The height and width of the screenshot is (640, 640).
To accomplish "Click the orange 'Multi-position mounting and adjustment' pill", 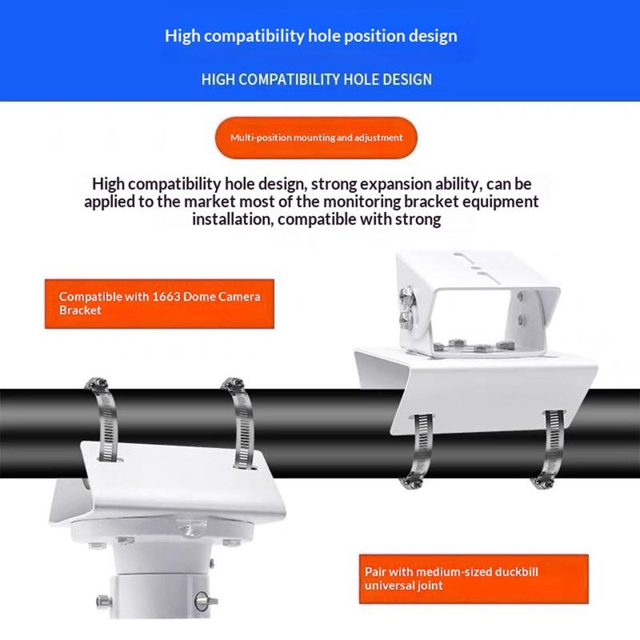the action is [316, 138].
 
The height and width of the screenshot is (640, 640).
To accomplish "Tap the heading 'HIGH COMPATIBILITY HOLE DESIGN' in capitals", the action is [317, 79].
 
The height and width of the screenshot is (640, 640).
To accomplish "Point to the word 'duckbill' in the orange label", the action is [516, 571].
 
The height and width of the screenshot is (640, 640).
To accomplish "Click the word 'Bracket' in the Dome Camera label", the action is [80, 310].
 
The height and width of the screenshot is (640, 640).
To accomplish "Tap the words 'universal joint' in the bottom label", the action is [404, 586].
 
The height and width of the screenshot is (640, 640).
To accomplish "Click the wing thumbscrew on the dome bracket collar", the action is [205, 601].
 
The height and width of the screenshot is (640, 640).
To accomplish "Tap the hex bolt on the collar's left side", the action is [104, 602].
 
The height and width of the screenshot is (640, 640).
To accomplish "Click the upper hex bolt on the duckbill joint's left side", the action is [406, 296].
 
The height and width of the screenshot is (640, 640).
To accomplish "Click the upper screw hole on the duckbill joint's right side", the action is [521, 296].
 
